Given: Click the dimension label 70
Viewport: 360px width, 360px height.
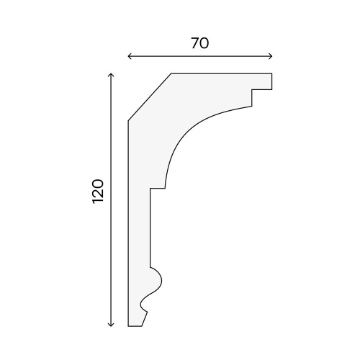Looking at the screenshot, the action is coord(200,43).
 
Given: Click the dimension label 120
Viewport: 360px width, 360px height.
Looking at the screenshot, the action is coord(98,192).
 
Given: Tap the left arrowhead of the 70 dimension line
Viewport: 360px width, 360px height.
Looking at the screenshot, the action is coord(130,56).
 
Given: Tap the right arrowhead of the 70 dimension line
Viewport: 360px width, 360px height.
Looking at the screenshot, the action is coord(271,56).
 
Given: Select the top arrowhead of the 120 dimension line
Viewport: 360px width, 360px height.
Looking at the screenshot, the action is coord(111,75).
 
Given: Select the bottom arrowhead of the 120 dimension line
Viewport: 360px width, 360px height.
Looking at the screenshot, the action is coord(111,325).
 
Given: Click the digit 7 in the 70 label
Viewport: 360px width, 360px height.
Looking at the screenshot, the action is coord(195,43).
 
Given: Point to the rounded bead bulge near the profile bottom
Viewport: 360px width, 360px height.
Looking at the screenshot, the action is coord(156,280).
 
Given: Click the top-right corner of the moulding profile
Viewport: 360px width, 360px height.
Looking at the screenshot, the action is coord(272,73).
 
